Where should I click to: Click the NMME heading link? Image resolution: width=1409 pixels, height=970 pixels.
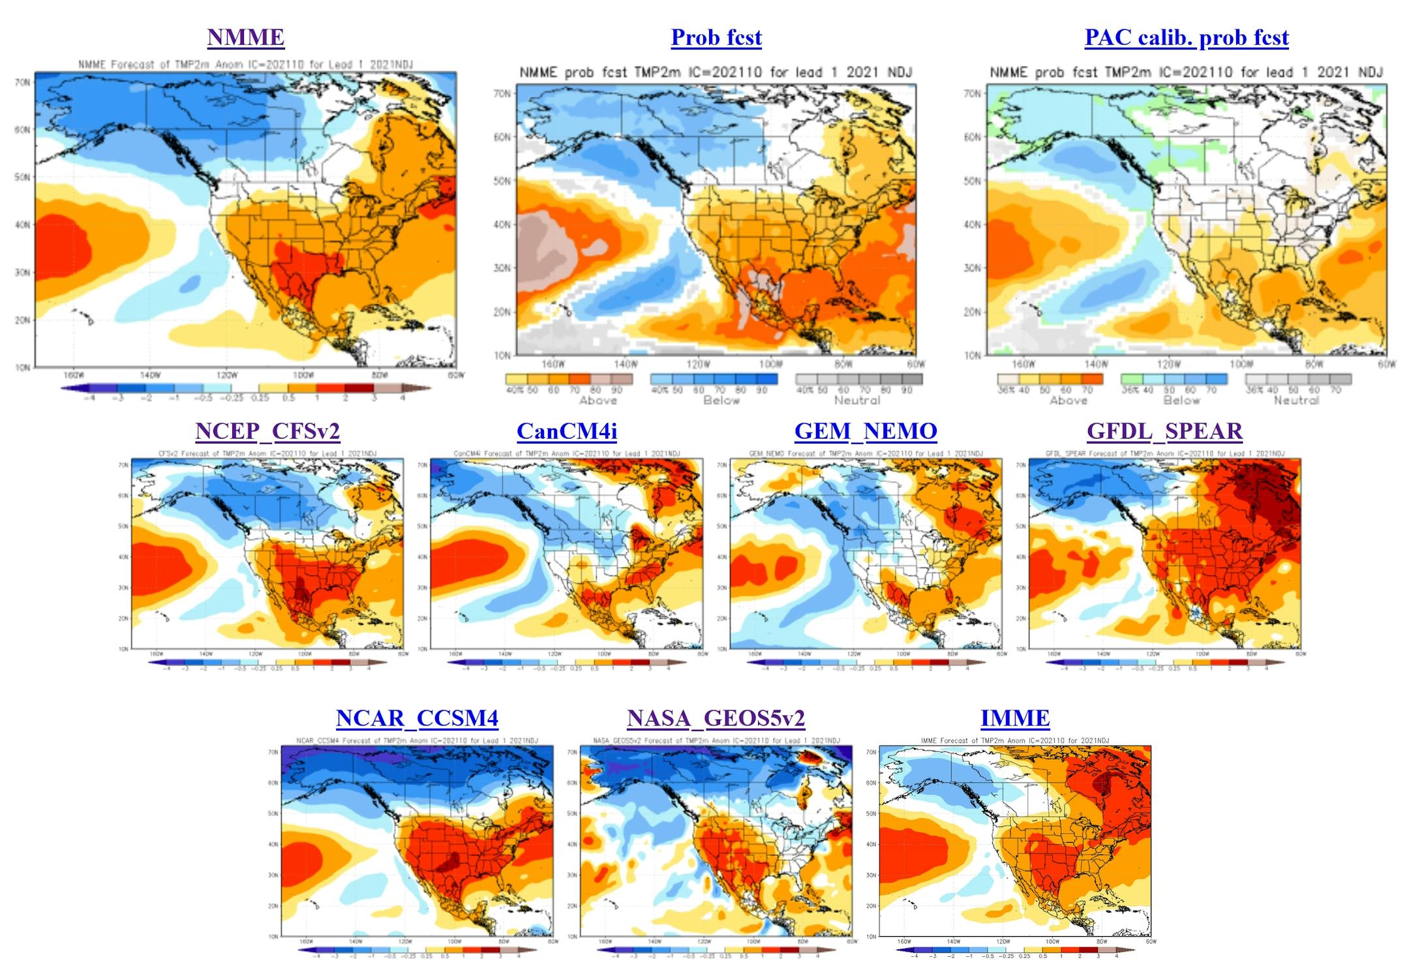click(x=246, y=37)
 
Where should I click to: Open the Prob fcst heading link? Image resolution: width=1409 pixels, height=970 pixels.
click(x=716, y=37)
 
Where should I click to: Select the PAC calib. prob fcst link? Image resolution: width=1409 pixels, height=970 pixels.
click(x=1187, y=37)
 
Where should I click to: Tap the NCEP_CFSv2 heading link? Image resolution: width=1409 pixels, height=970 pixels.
click(x=267, y=431)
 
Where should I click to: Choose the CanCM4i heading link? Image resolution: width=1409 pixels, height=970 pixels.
click(x=567, y=431)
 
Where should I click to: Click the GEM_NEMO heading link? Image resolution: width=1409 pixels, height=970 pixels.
click(x=866, y=431)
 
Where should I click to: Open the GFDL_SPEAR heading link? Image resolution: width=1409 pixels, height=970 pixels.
click(x=1164, y=431)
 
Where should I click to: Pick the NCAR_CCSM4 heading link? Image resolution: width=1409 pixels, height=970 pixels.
click(x=417, y=718)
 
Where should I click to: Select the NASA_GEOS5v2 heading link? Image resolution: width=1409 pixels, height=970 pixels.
click(x=716, y=718)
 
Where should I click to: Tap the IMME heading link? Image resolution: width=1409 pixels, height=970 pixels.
click(x=1015, y=718)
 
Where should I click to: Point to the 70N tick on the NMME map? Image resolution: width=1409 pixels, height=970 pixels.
click(x=23, y=82)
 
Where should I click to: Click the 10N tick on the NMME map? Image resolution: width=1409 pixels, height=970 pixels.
click(x=23, y=367)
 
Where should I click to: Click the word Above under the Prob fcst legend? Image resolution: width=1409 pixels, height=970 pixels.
click(x=598, y=401)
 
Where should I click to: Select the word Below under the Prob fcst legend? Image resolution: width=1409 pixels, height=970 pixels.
click(x=721, y=401)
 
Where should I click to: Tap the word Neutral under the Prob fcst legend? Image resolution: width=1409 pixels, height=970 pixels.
click(x=857, y=401)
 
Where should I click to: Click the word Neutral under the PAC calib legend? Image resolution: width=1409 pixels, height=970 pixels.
click(x=1296, y=401)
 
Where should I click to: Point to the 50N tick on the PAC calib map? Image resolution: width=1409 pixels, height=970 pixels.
click(x=972, y=181)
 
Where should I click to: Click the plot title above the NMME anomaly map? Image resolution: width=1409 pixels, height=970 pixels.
click(x=245, y=65)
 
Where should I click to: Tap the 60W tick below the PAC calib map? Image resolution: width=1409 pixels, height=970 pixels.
click(x=1386, y=364)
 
